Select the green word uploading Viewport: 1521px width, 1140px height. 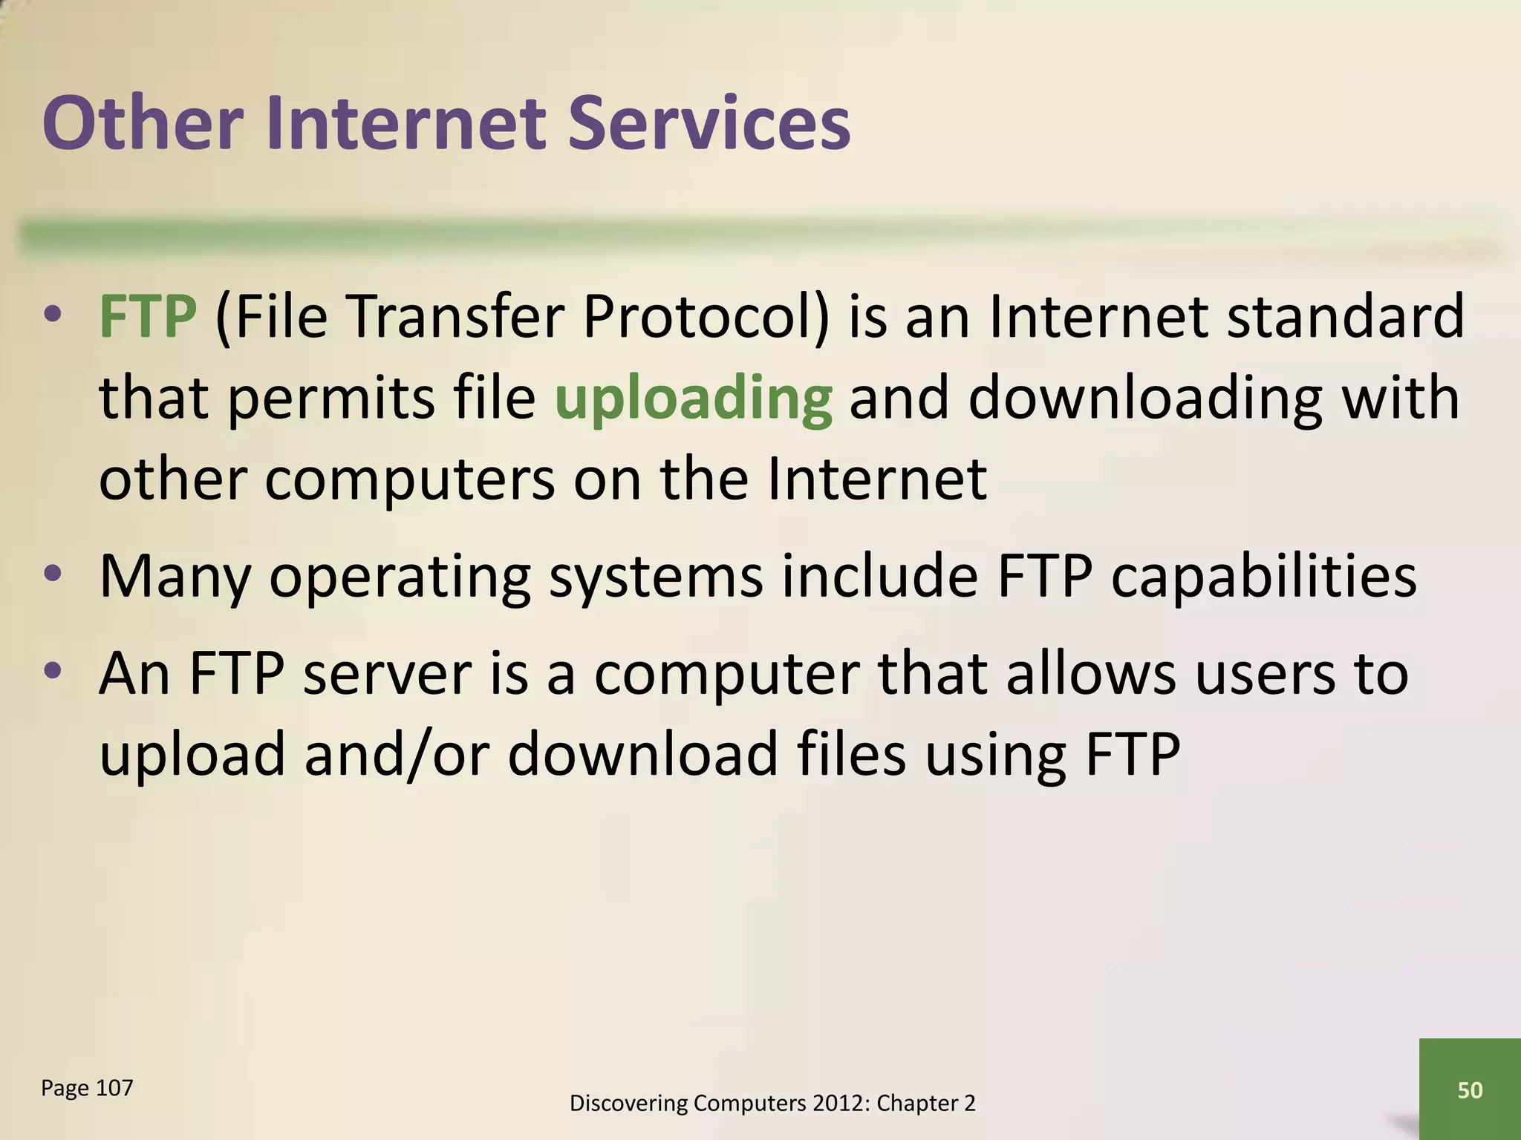pos(693,399)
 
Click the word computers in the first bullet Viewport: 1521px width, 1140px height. pos(409,479)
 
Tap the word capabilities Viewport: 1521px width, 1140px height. pos(1263,577)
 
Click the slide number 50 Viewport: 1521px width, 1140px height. pos(1470,1090)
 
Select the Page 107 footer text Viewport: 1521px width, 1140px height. pos(87,1088)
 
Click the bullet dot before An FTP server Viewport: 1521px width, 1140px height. pos(52,671)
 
